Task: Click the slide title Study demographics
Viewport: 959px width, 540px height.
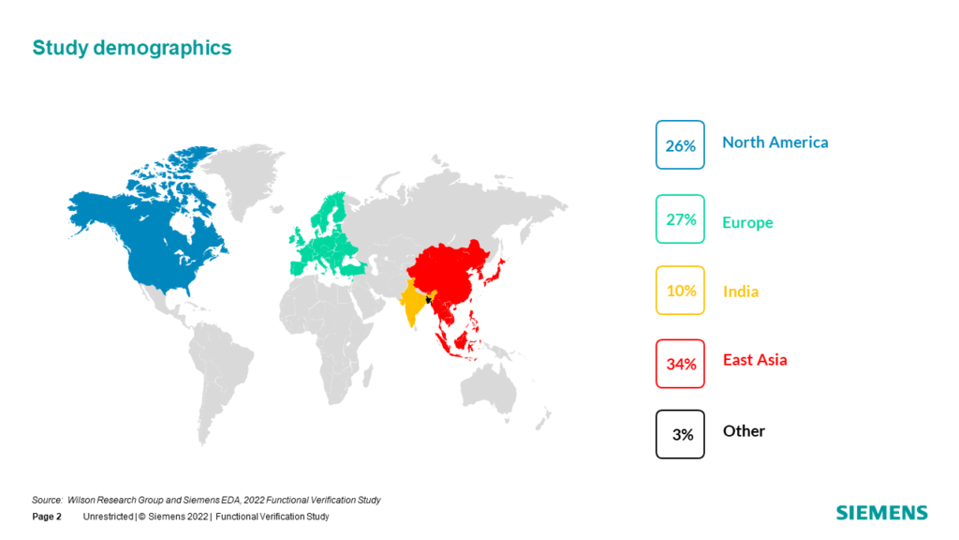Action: click(131, 48)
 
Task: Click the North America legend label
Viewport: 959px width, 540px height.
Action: click(775, 142)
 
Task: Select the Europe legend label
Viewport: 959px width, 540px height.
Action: click(747, 222)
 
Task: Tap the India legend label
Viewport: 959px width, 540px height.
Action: click(741, 292)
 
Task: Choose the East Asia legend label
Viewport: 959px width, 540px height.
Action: click(755, 359)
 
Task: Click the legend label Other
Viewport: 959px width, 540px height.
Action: click(744, 431)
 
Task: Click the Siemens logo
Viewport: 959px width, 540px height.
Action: click(882, 513)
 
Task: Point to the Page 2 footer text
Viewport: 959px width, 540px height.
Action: click(47, 517)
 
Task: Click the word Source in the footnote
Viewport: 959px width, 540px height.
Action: click(47, 501)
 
